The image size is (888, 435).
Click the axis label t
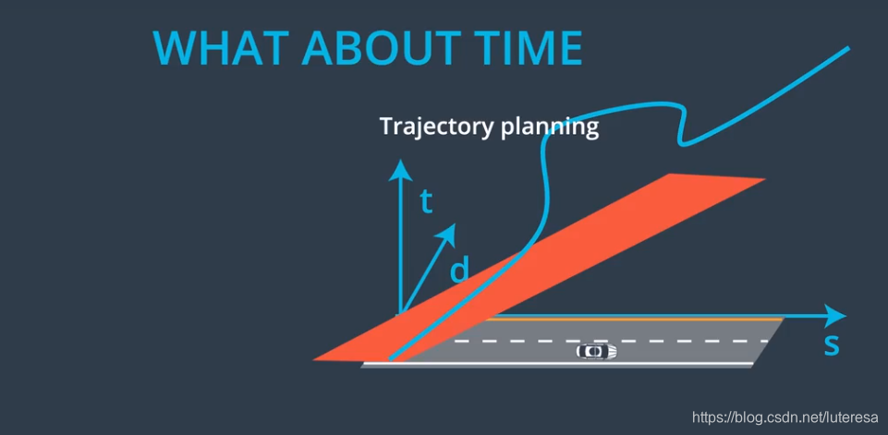pyautogui.click(x=427, y=203)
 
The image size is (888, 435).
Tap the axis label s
pyautogui.click(x=831, y=345)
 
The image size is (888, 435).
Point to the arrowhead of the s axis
pyautogui.click(x=834, y=316)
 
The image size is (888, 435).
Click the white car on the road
pyautogui.click(x=596, y=351)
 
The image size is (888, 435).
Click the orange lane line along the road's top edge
pyautogui.click(x=633, y=320)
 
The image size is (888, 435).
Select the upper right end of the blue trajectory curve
pyautogui.click(x=848, y=48)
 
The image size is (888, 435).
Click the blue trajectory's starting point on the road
pyautogui.click(x=391, y=359)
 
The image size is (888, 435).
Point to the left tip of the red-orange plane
pyautogui.click(x=314, y=359)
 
